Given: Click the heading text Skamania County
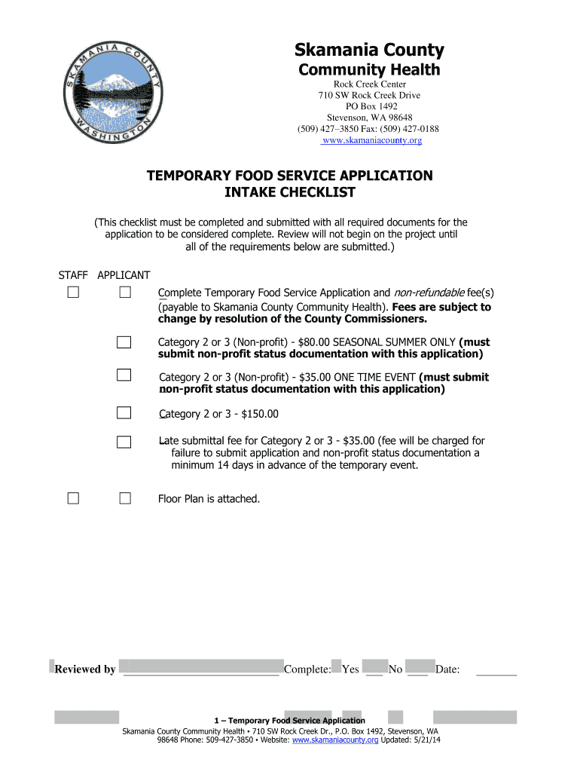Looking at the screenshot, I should pos(368,51).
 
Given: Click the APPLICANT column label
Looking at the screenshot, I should pos(124,275).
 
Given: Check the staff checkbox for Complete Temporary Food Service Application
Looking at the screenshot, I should pos(73,293).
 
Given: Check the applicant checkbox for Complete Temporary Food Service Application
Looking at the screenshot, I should pos(124,293).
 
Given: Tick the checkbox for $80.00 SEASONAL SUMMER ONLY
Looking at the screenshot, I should pos(124,342).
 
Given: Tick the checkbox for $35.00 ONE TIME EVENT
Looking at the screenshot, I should pos(124,375).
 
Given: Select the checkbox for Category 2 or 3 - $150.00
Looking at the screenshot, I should pos(124,412).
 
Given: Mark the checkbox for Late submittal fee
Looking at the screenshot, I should pos(124,442).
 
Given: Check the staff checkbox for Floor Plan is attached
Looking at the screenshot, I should pos(73,498).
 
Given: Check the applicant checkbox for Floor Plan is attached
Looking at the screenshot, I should pos(124,498).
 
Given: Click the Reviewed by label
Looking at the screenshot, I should pos(85,669).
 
